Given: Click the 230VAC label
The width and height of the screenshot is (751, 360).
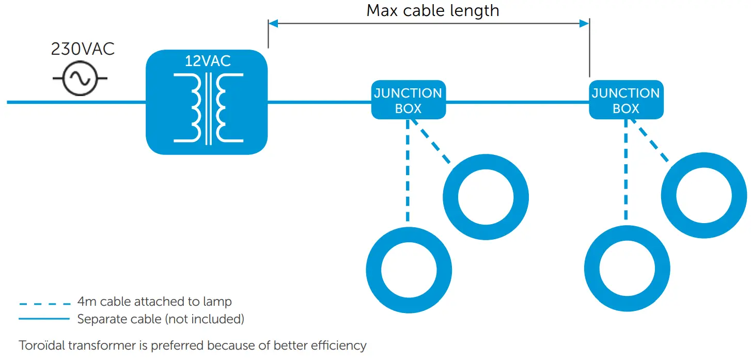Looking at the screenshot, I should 83,49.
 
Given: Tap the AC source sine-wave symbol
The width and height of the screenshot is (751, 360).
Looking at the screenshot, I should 81,79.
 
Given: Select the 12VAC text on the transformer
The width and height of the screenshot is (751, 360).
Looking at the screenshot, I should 208,61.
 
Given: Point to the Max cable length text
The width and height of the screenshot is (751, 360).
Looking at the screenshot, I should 433,10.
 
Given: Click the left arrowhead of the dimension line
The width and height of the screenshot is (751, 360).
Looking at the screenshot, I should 273,23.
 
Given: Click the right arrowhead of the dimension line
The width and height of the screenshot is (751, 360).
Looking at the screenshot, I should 584,23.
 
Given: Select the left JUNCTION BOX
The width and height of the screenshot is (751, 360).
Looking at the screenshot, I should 408,100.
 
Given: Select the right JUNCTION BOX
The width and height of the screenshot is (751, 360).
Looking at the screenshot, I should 626,100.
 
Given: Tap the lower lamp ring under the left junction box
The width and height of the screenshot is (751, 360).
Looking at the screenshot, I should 409,269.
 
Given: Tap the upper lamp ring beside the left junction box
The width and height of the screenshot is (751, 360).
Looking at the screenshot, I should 486,197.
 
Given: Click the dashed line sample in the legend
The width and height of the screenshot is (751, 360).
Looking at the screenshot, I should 44,303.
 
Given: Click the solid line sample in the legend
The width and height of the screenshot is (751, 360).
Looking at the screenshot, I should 44,319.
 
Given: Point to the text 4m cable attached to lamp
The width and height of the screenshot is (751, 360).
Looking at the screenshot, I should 154,302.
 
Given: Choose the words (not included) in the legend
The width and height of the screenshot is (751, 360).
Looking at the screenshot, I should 204,319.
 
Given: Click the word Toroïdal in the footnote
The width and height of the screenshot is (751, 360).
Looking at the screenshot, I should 41,346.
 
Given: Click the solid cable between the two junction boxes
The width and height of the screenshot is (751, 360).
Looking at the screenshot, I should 517,102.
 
